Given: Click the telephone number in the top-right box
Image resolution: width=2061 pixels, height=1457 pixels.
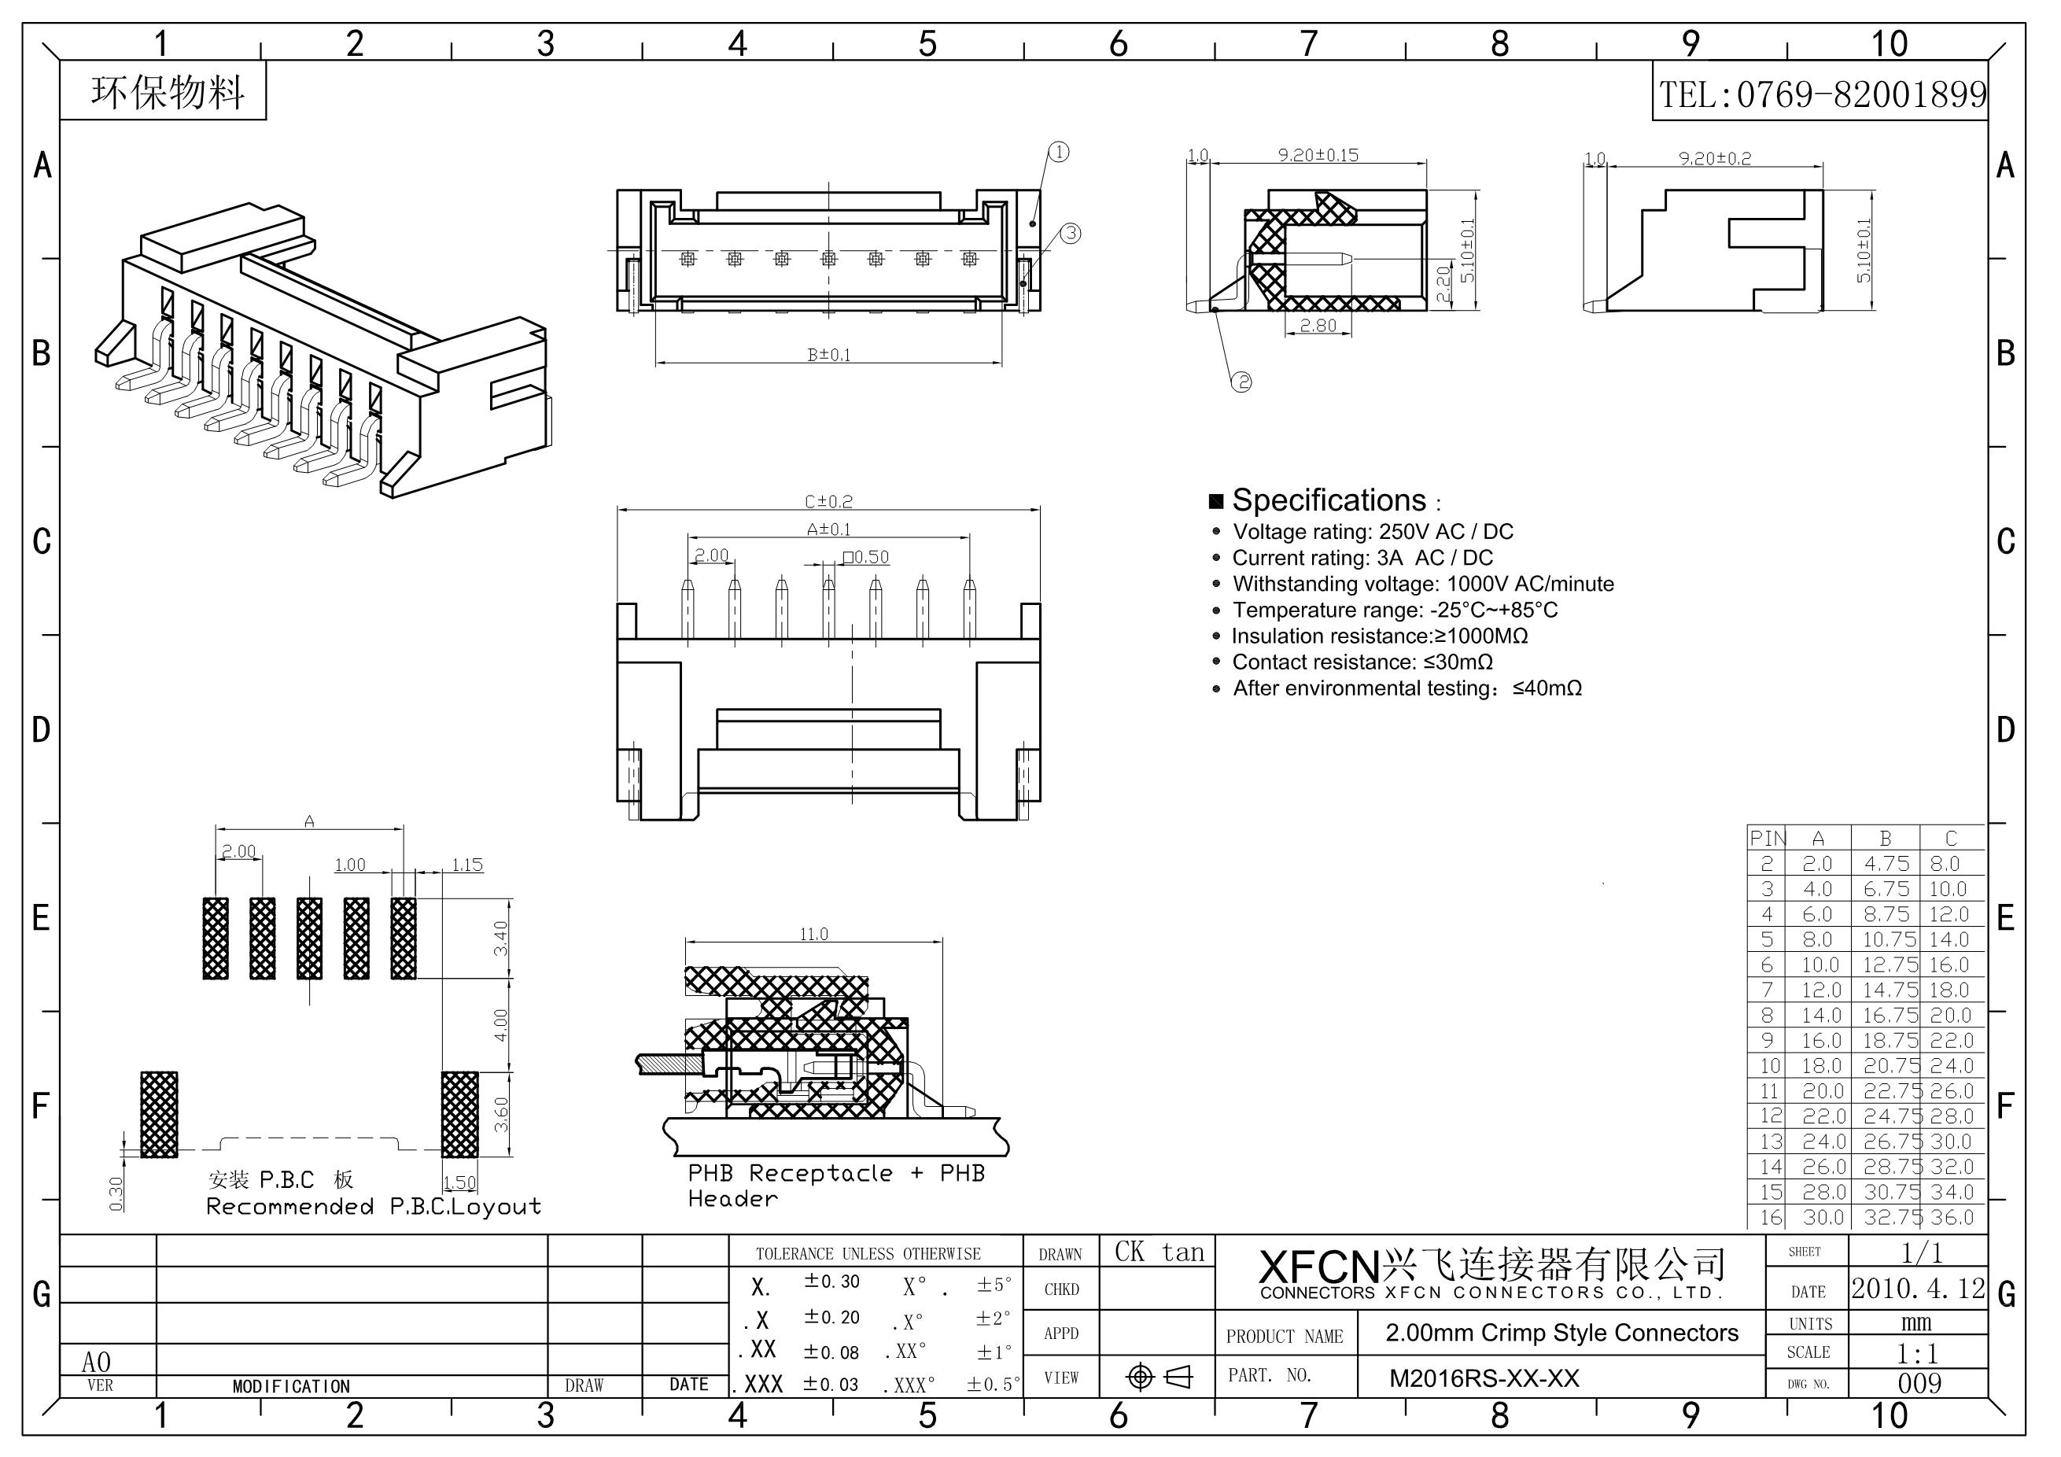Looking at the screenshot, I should click(1821, 94).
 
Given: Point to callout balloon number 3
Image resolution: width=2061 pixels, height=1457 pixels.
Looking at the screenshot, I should click(1071, 234).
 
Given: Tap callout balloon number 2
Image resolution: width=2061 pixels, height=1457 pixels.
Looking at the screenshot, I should click(1241, 382).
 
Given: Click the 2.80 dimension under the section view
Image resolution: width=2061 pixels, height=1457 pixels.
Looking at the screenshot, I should click(1318, 326).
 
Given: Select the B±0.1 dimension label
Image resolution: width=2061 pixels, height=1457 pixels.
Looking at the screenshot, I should click(828, 355).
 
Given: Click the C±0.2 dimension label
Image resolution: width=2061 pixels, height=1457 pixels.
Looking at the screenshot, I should click(828, 501).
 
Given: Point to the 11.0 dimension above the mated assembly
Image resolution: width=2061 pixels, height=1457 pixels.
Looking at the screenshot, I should click(813, 935).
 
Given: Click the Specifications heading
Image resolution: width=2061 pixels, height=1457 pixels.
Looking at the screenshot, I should click(1328, 500).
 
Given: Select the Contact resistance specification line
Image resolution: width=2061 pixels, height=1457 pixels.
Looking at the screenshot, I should click(1362, 662).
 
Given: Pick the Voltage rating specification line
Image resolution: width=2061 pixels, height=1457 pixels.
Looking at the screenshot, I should click(1373, 533).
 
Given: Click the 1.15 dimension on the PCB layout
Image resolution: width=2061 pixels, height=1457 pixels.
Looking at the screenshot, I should click(466, 865).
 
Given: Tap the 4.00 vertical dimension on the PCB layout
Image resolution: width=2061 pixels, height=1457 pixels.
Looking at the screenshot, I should click(501, 1025).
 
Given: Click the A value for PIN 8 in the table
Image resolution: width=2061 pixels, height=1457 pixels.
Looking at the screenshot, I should click(1817, 1016).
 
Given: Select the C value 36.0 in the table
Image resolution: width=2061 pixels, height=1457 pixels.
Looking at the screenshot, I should click(1952, 1217).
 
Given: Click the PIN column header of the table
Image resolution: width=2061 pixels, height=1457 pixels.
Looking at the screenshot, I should click(1767, 839).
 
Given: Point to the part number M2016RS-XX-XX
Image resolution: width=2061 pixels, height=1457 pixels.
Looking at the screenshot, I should click(1484, 1378).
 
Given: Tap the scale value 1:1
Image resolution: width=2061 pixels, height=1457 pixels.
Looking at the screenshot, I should click(1919, 1353).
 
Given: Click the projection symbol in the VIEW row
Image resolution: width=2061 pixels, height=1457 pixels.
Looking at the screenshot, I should click(1157, 1377).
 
